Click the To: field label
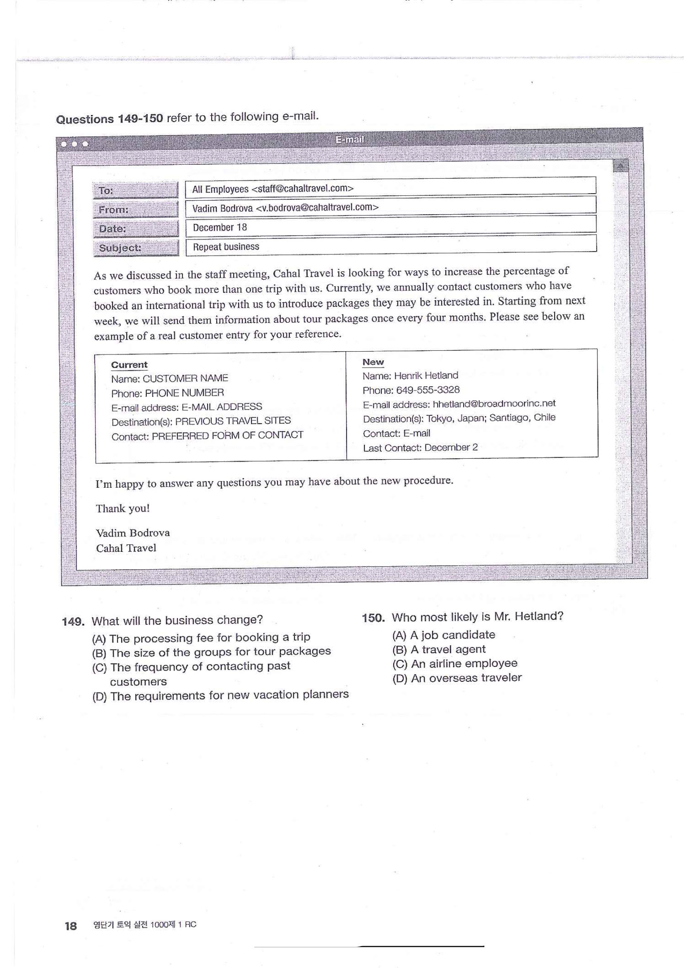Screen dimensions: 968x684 (x=106, y=191)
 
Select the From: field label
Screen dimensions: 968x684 (x=113, y=210)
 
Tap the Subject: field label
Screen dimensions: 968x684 (x=120, y=248)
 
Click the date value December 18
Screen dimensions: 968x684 (x=220, y=228)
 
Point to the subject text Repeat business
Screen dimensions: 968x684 (x=226, y=247)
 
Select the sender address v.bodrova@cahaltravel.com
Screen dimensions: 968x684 (x=317, y=207)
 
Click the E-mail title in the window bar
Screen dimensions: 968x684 (x=349, y=139)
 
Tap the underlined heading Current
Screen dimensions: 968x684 (x=129, y=365)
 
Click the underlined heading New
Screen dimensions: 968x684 (x=373, y=362)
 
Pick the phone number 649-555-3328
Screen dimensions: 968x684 (x=427, y=390)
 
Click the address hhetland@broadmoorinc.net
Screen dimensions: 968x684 (x=494, y=404)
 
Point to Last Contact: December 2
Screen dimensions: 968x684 (x=420, y=448)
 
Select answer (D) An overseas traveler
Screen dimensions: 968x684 (x=457, y=678)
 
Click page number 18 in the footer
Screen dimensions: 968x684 (x=70, y=926)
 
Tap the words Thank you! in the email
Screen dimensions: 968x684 (x=123, y=508)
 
